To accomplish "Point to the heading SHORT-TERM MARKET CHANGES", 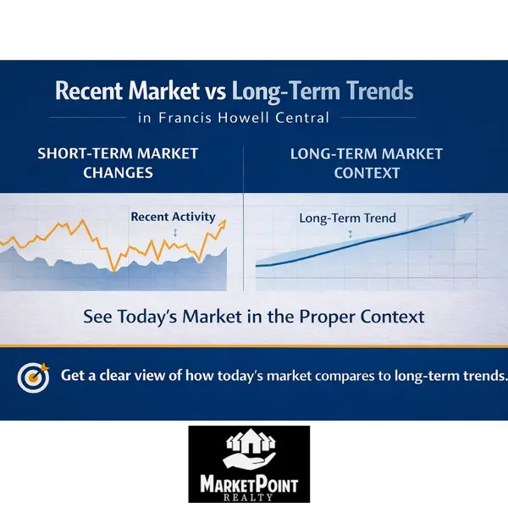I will click(x=118, y=163).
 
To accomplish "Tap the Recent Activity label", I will click(x=173, y=217).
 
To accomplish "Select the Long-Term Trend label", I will click(x=347, y=218).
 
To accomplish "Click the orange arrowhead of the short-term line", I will click(x=223, y=224).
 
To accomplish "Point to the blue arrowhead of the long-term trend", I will click(x=466, y=217).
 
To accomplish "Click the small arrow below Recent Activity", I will click(x=174, y=231).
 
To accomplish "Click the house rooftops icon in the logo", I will click(x=249, y=442).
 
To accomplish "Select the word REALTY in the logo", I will click(x=249, y=499).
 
